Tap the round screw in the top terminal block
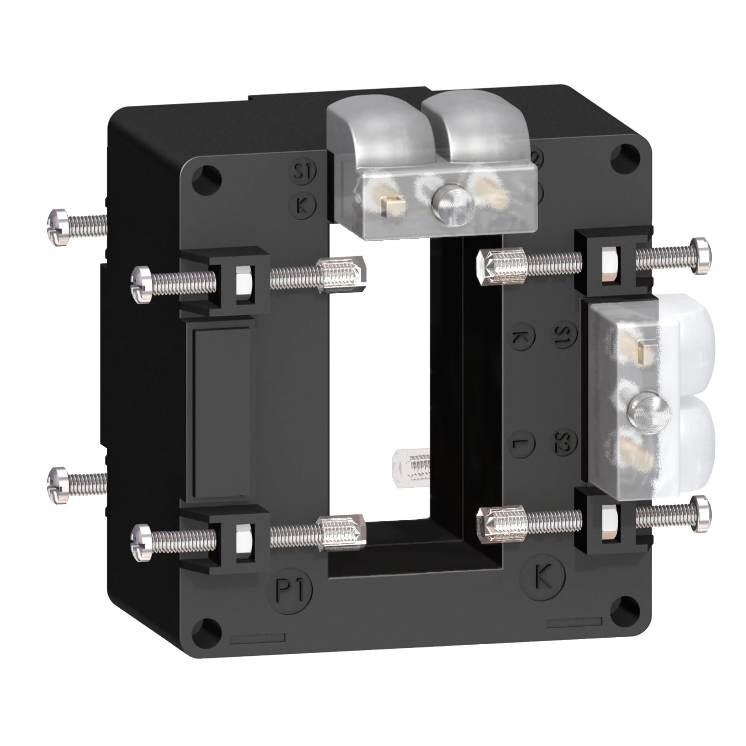coord(444,200)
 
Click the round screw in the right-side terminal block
coord(639,409)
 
